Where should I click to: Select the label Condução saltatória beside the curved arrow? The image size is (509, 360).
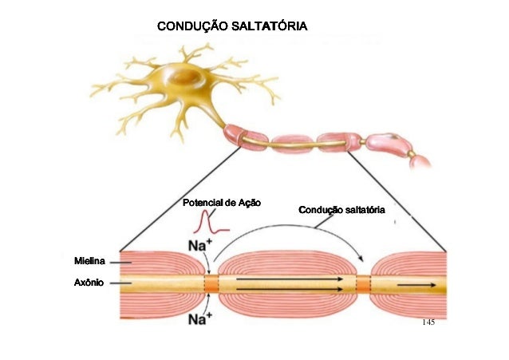341,210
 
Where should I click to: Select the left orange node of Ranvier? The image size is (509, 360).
211,284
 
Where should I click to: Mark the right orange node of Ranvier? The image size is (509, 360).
364,284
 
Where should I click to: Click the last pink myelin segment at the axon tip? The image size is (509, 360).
420,160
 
